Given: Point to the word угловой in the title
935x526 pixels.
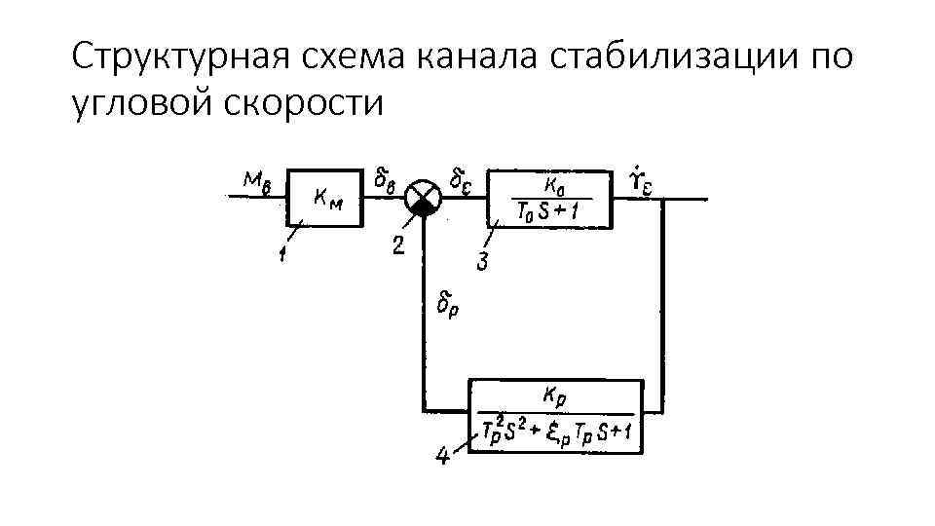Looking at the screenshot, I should pyautogui.click(x=143, y=100).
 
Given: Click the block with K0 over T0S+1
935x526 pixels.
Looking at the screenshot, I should pyautogui.click(x=550, y=199).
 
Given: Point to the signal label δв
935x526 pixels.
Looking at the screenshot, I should pyautogui.click(x=386, y=178).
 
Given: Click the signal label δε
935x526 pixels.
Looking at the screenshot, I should pyautogui.click(x=462, y=178).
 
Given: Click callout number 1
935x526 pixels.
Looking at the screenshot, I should pyautogui.click(x=281, y=255).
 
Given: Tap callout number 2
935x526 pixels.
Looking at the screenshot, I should pyautogui.click(x=397, y=245).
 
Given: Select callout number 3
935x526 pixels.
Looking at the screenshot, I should pyautogui.click(x=482, y=261).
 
